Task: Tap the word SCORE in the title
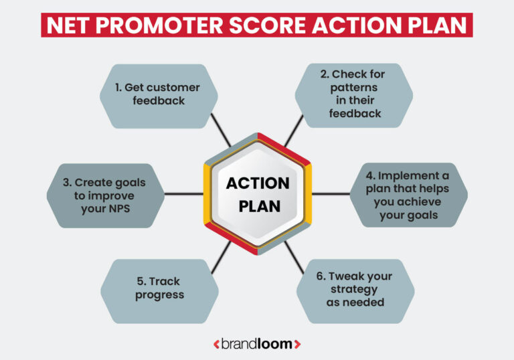[x=286, y=24]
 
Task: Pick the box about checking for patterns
[x=354, y=95]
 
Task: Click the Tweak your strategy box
[x=354, y=288]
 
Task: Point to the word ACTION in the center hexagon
[x=258, y=183]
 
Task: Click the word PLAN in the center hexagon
[x=258, y=205]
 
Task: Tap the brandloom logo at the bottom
[x=257, y=343]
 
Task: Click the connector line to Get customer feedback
[x=221, y=130]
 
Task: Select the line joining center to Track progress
[x=221, y=257]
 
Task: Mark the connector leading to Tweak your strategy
[x=294, y=257]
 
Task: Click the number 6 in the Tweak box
[x=319, y=276]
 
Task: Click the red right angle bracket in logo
[x=297, y=344]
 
